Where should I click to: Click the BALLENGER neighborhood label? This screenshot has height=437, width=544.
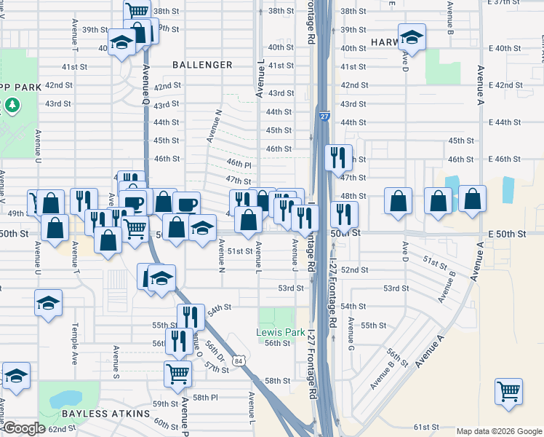(x=202, y=65)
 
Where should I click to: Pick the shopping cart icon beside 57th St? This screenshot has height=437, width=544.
(x=178, y=374)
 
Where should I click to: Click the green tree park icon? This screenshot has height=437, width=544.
(x=12, y=106)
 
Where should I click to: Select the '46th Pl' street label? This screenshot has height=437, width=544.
(x=239, y=165)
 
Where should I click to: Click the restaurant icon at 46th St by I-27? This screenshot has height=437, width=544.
(x=337, y=157)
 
